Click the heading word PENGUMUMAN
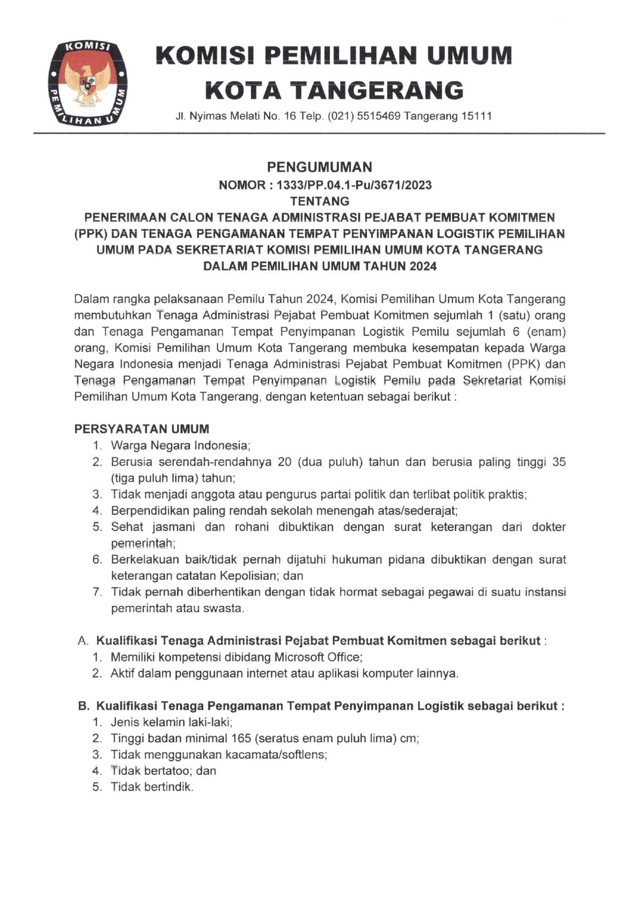click(319, 167)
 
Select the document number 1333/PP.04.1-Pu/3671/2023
click(354, 185)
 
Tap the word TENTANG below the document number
click(320, 201)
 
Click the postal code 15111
click(477, 116)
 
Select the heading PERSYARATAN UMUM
click(141, 429)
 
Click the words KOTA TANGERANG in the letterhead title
click(334, 90)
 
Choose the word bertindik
click(168, 787)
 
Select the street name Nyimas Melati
click(225, 116)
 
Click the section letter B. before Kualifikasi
click(83, 706)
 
